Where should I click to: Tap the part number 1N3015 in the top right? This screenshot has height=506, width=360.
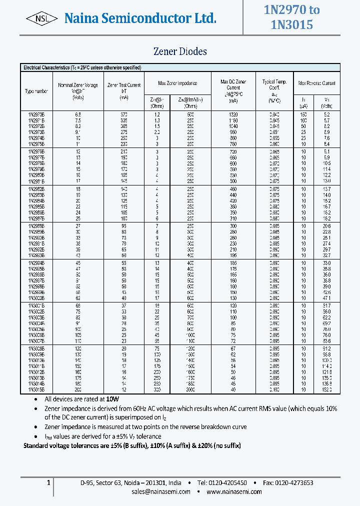(x=291, y=24)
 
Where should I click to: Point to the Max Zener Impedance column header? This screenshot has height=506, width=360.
(x=177, y=83)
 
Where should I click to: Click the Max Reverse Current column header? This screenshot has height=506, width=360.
(x=316, y=83)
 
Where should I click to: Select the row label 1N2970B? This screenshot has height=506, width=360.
(x=36, y=114)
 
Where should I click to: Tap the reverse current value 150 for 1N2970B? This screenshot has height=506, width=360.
(x=303, y=114)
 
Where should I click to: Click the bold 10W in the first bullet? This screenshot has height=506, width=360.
(x=112, y=399)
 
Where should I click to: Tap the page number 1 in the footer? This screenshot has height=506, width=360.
(x=48, y=483)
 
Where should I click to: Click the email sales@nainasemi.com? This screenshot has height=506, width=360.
(x=161, y=491)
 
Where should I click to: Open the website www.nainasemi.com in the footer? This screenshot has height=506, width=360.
(x=234, y=491)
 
